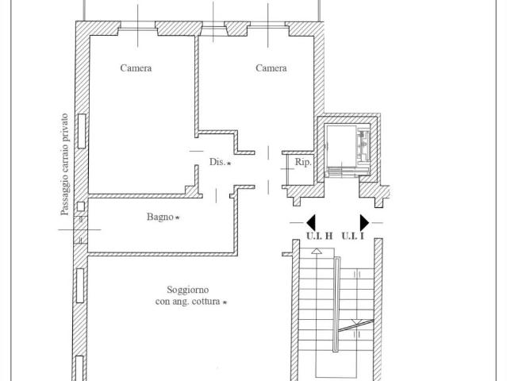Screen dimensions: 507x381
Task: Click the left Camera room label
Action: click(136, 68)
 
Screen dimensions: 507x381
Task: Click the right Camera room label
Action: click(271, 68)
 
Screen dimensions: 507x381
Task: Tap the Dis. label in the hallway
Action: click(217, 162)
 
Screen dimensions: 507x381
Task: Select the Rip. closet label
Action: click(303, 163)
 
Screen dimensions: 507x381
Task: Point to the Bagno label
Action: click(160, 217)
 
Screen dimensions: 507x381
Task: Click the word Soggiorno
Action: click(187, 290)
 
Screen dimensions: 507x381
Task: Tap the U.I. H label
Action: click(320, 236)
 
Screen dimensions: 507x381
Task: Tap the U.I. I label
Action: click(353, 236)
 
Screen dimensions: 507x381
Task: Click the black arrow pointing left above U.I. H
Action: click(311, 222)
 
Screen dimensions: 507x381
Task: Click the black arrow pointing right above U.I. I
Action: click(364, 222)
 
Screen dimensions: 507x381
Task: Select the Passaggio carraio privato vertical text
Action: click(65, 164)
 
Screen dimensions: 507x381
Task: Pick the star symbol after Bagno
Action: click(177, 217)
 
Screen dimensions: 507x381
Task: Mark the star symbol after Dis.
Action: click(229, 164)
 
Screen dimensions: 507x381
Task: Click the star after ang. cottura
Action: click(225, 302)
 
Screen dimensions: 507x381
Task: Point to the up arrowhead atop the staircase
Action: click(317, 251)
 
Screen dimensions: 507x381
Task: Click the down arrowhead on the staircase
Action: click(357, 322)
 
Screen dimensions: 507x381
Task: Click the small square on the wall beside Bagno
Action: click(80, 206)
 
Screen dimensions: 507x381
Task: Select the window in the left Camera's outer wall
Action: click(82, 131)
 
